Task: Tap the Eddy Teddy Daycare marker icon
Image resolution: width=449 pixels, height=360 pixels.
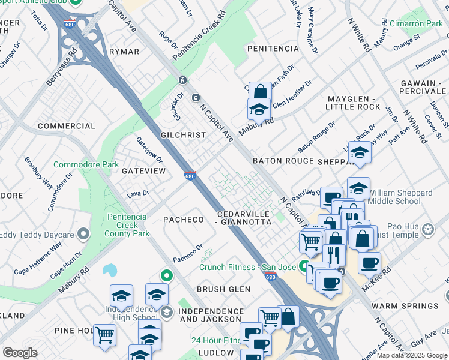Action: coord(83,233)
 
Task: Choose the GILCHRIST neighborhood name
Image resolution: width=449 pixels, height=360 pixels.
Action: coord(183,136)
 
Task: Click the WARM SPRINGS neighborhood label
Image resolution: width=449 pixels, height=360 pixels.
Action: coord(410,306)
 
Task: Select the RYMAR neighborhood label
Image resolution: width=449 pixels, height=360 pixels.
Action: coord(124,52)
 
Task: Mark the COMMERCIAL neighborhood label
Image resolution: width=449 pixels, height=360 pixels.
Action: coord(67,126)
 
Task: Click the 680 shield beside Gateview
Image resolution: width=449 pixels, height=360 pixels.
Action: coord(190,176)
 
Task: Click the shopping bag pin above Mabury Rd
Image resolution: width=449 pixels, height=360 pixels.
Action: coord(259,92)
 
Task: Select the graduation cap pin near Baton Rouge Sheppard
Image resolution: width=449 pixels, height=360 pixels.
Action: coord(360,152)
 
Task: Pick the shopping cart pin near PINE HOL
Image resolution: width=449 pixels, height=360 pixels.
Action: coord(104,334)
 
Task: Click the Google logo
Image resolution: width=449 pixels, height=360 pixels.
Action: coord(20,353)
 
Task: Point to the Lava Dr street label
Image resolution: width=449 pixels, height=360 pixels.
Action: coord(137,193)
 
